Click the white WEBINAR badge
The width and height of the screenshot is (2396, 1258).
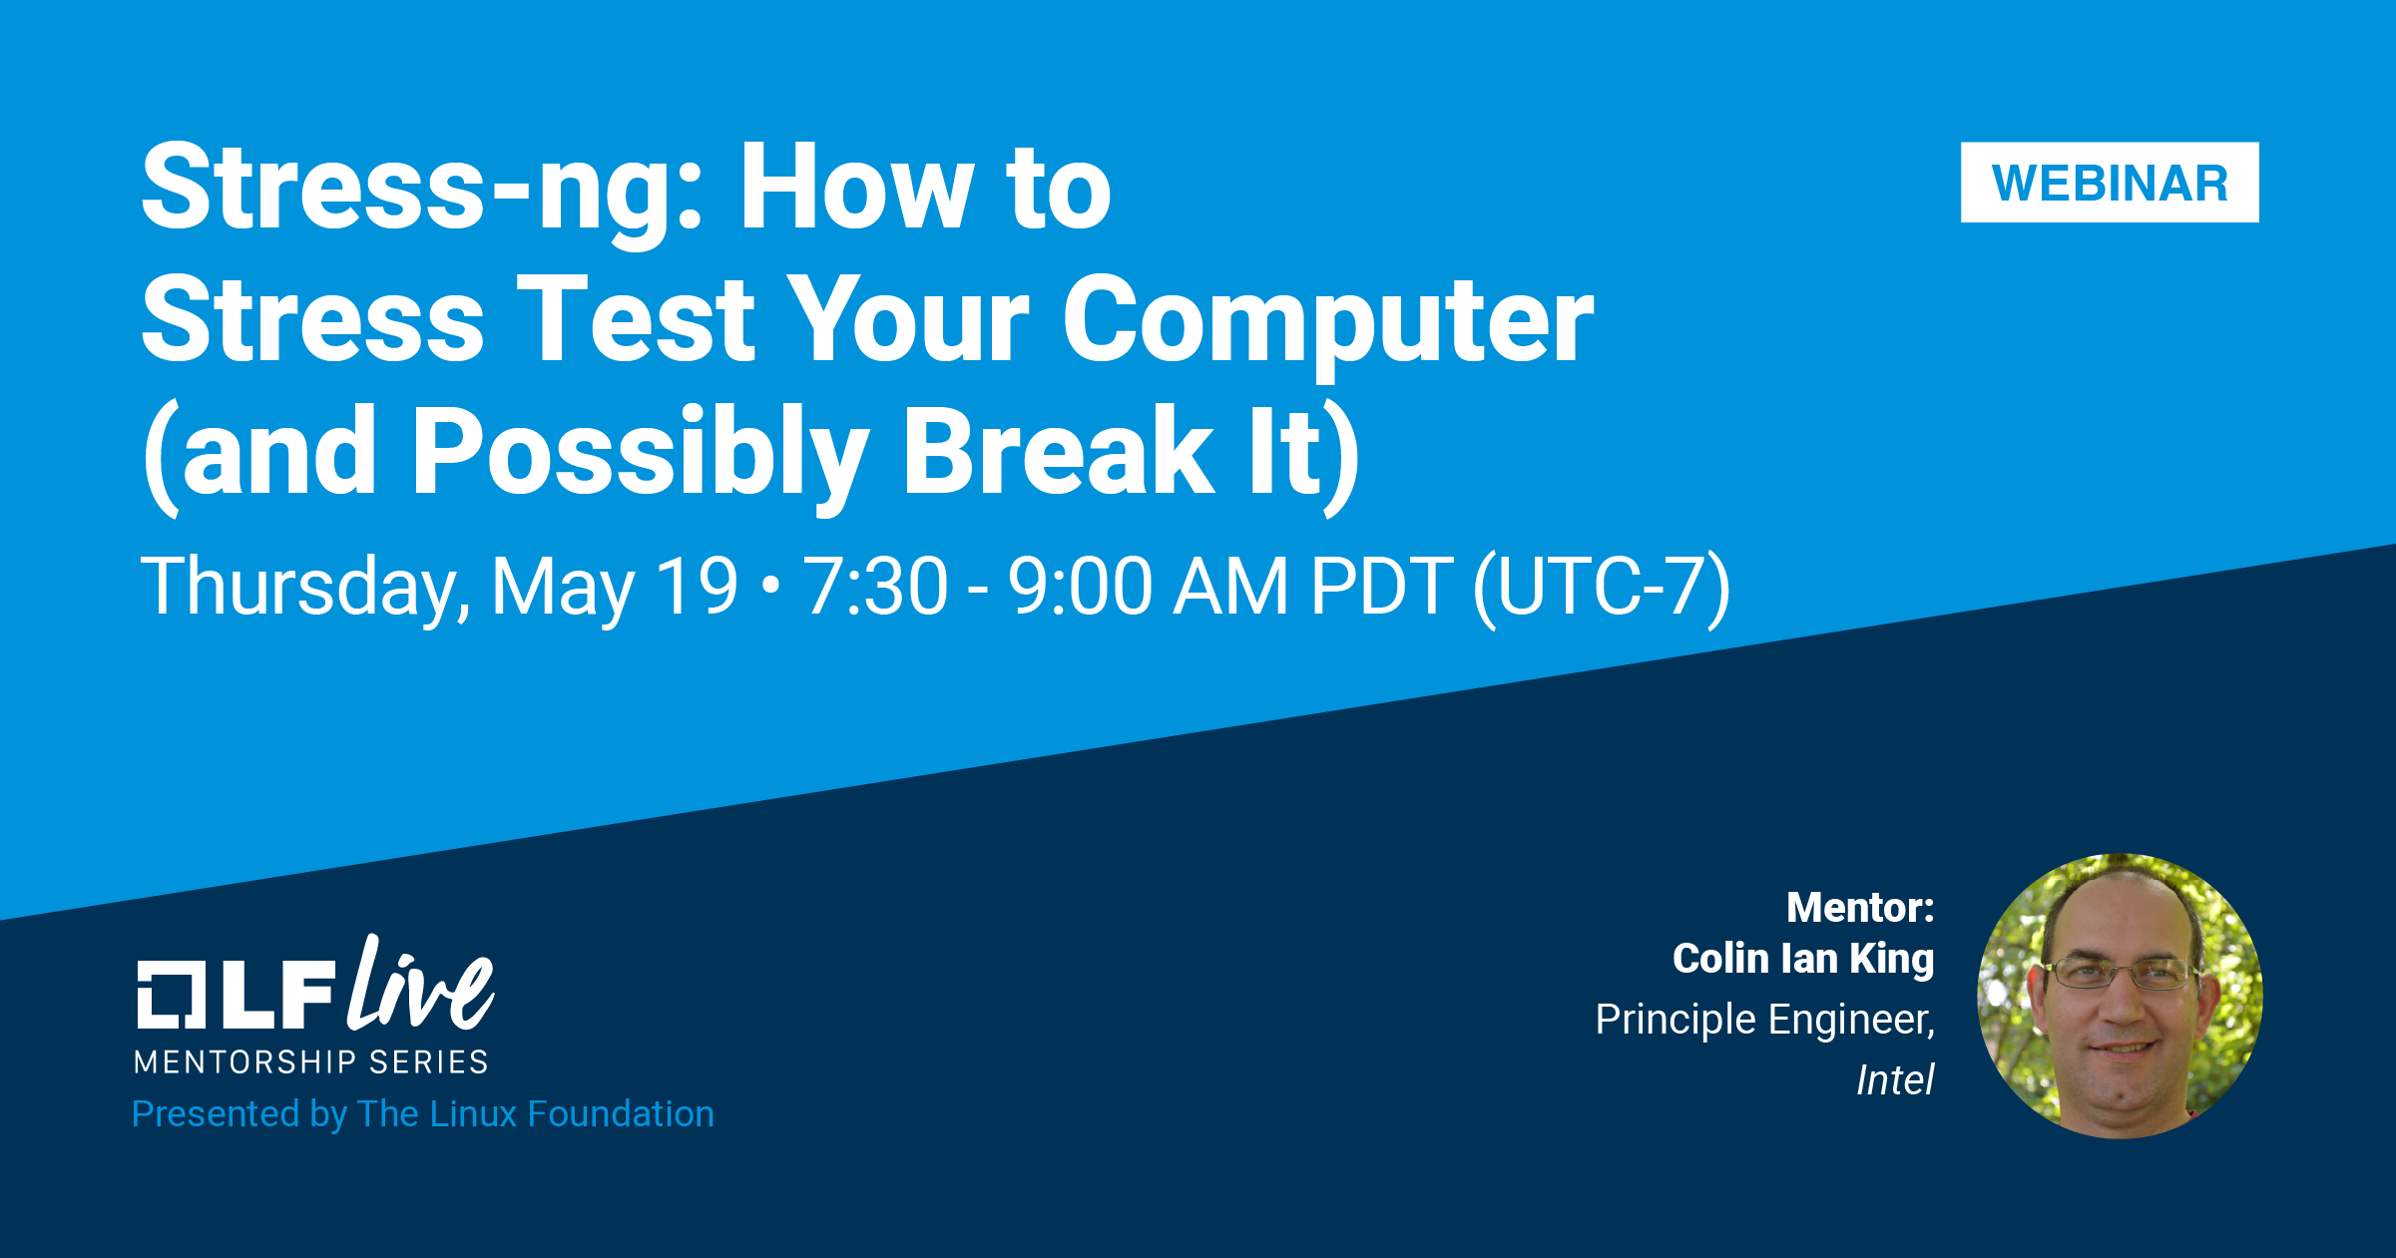point(2110,183)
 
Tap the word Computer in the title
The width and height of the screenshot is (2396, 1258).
point(1328,323)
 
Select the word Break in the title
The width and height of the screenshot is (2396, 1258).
point(1058,451)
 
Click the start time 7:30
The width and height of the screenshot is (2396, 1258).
point(876,586)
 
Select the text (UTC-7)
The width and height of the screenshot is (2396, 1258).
point(1602,589)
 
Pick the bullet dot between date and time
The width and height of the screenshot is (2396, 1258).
point(769,588)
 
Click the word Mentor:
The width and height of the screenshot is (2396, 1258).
point(1860,908)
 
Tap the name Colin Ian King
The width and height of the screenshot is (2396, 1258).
point(1803,959)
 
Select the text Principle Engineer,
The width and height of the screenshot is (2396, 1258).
point(1765,1020)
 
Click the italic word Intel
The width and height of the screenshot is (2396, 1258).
point(1895,1079)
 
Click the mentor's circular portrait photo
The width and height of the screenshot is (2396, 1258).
point(2121,996)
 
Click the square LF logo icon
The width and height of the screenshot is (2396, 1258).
point(172,994)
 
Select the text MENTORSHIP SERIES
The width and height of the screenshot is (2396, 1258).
point(311,1062)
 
